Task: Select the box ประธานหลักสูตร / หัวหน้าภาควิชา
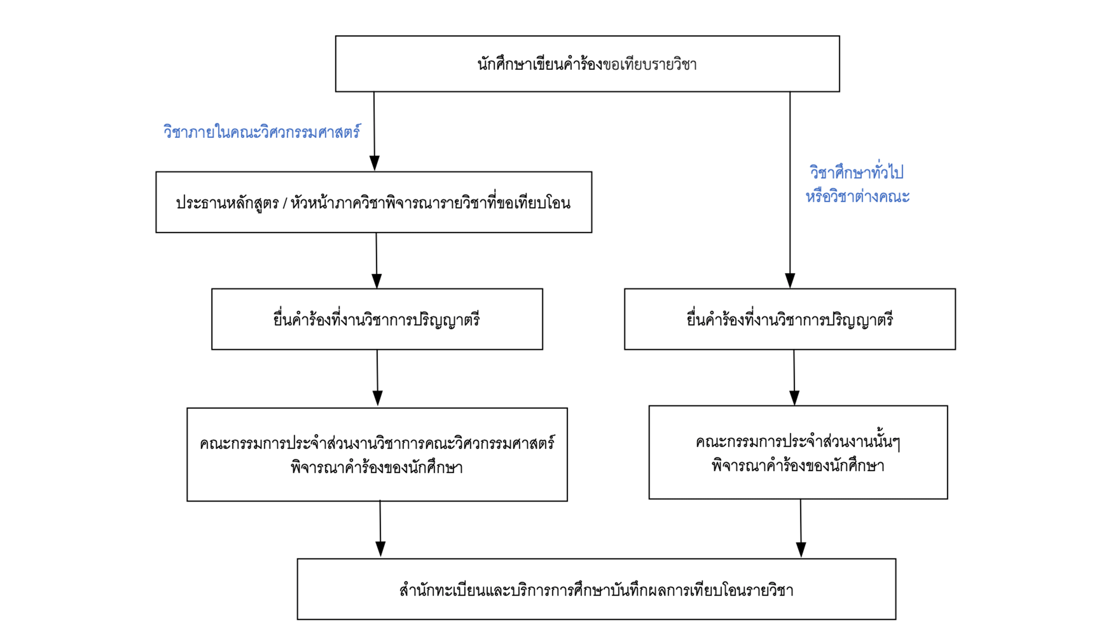[373, 202]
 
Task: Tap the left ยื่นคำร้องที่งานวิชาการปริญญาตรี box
[377, 319]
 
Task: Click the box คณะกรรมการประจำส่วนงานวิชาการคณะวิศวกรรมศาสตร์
[377, 443]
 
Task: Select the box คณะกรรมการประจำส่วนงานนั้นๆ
[798, 441]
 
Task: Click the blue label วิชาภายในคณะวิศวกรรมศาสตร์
[262, 131]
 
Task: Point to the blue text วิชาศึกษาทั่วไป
[856, 172]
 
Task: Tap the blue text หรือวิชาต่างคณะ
[857, 196]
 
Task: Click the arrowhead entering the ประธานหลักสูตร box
[374, 163]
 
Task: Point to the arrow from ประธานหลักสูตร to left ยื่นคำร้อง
[376, 260]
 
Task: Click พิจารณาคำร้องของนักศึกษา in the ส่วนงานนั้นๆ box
[798, 466]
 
